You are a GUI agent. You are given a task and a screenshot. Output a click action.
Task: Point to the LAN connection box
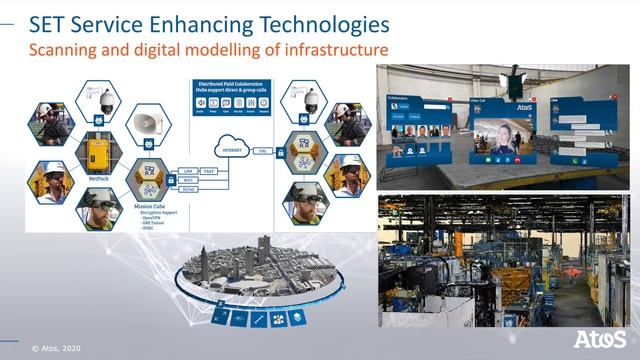(x=185, y=171)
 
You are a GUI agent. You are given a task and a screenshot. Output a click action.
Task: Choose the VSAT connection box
(x=211, y=171)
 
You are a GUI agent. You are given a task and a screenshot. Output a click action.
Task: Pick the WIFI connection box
(x=186, y=180)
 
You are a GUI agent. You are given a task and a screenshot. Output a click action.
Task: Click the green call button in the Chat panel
(x=563, y=160)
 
